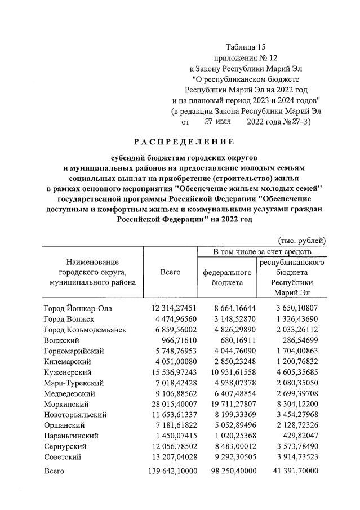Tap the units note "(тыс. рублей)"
coord(303,241)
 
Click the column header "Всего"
coord(170,273)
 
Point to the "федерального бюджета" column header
coord(227,277)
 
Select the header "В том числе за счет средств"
coord(261,251)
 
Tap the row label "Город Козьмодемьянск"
coord(83,329)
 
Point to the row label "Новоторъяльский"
coord(74,415)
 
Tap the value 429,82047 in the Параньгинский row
coord(299,436)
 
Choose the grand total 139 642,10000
coord(171,471)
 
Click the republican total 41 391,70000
coord(293,471)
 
